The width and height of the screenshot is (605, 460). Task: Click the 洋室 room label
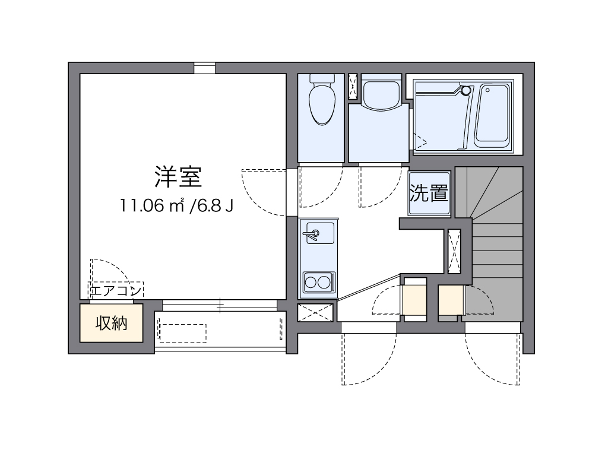pos(179,176)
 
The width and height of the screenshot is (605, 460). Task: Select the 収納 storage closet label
pos(112,323)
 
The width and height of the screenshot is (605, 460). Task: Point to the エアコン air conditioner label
pos(116,290)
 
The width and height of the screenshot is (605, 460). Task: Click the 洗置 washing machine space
pos(429,193)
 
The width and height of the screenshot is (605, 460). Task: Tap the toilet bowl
pos(322,102)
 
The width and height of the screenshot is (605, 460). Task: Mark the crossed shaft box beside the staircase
pos(454,251)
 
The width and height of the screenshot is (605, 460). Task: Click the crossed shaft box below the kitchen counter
pos(315,312)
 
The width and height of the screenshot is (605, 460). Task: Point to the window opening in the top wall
pos(205,68)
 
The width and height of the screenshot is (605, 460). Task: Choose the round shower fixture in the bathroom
pos(466,90)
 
